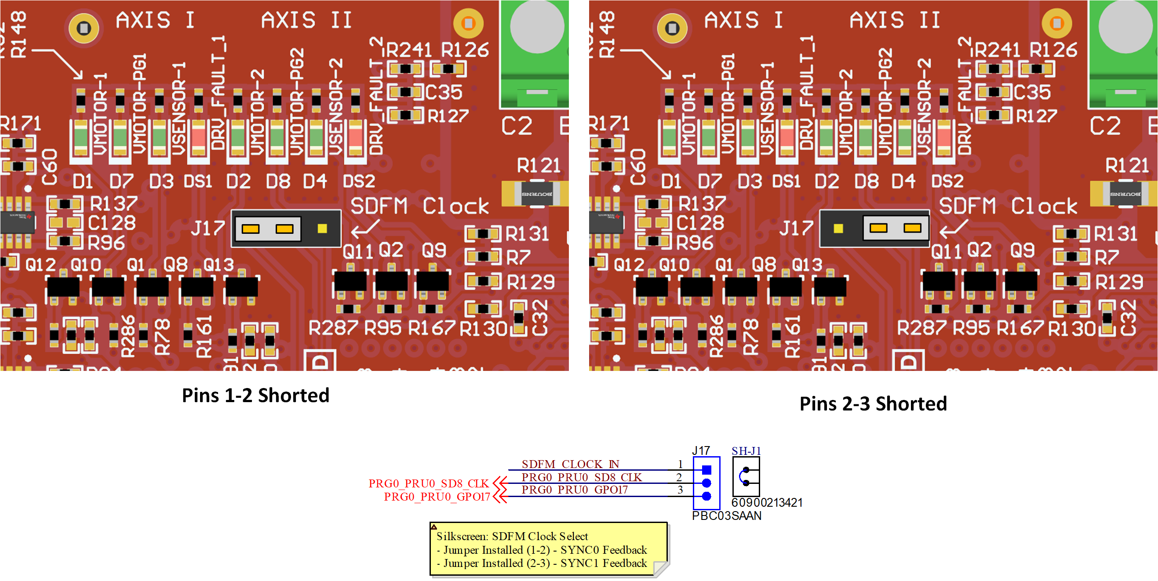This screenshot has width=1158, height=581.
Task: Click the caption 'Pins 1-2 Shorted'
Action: pos(255,396)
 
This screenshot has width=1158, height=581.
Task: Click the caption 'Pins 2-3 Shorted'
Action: pos(873,403)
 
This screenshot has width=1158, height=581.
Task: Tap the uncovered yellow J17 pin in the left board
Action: pos(322,229)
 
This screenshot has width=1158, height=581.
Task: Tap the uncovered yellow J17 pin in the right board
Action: pos(838,229)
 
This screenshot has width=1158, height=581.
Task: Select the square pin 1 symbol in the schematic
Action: pos(706,470)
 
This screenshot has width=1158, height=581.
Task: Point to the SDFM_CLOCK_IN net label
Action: pos(570,464)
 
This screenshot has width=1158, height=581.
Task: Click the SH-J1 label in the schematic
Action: pos(746,450)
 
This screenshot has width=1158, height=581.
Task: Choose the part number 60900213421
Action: pos(766,502)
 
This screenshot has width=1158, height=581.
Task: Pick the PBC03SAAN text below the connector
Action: pos(726,516)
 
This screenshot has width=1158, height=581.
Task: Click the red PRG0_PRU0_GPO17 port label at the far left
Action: pos(437,497)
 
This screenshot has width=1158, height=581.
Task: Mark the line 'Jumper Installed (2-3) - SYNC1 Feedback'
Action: pos(545,563)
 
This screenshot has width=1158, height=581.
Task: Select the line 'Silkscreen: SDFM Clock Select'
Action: pos(512,536)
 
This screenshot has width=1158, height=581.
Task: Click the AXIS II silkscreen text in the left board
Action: pos(306,20)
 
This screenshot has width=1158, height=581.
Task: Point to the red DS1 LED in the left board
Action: pos(198,137)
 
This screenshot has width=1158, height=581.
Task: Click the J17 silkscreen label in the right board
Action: pos(796,228)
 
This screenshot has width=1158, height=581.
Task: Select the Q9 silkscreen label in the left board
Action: pos(434,250)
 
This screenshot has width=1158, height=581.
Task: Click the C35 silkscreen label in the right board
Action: pos(1032,92)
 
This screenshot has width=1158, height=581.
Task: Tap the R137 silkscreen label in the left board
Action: pos(114,203)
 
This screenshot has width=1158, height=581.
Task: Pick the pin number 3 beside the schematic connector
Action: pos(680,490)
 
